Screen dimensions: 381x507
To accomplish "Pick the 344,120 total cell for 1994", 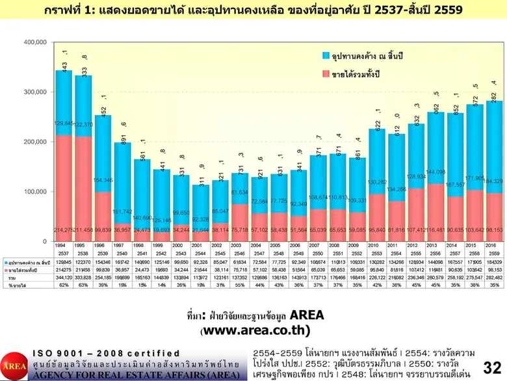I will click(64, 276).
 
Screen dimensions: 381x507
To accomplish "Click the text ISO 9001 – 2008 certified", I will click(106, 353).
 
